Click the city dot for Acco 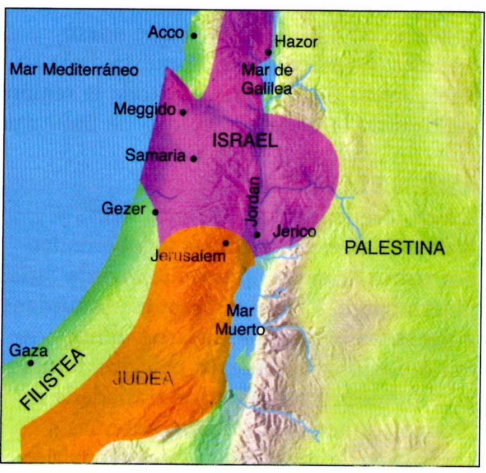(194, 35)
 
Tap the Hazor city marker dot (269, 52)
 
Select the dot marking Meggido (183, 112)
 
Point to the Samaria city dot (194, 159)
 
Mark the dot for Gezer (155, 212)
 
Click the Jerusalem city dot (226, 243)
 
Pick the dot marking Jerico (257, 234)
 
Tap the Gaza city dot (30, 363)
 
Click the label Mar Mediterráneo (74, 70)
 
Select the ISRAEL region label (245, 141)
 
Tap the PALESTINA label (394, 248)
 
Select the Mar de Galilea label (267, 79)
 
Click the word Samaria (155, 155)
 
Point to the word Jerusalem (188, 257)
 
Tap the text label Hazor (297, 41)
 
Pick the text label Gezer (123, 209)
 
